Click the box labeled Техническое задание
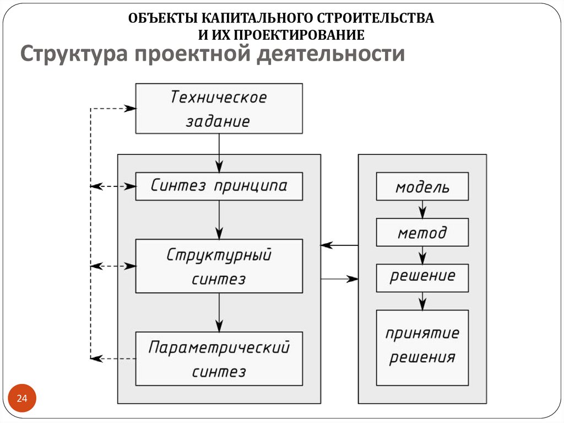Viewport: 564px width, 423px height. (219, 108)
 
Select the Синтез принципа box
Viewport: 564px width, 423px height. (219, 186)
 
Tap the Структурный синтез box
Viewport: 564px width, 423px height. (219, 266)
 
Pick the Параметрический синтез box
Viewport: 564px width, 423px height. (219, 358)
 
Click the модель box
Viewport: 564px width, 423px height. (422, 186)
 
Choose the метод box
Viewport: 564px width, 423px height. (422, 232)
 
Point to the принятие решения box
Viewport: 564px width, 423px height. (422, 347)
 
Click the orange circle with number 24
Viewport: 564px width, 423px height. (22, 399)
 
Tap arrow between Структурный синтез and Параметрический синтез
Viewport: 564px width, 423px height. (219, 312)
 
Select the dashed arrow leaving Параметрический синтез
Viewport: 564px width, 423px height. (113, 358)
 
